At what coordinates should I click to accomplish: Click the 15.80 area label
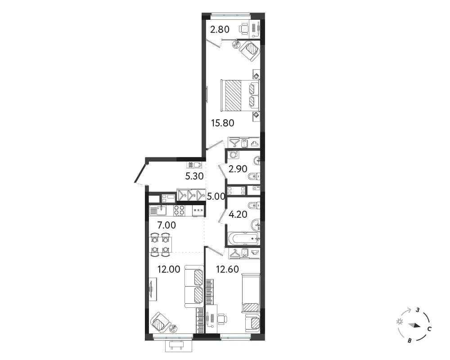tap(222, 123)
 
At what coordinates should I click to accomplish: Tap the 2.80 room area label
tap(220, 29)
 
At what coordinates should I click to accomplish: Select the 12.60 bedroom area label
tap(227, 269)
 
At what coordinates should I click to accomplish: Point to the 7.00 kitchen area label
tap(166, 225)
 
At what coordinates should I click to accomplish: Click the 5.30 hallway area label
tap(194, 176)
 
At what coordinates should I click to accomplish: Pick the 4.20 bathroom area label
tap(238, 214)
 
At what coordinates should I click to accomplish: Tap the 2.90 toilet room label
tap(238, 169)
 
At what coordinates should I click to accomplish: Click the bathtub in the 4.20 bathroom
tap(243, 238)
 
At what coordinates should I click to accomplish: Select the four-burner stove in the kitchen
tap(180, 211)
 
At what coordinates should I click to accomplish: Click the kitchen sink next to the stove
tap(158, 211)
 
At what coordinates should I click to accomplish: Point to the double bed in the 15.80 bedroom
tap(240, 95)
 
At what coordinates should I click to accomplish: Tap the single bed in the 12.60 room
tap(251, 292)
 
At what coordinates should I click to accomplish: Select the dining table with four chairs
tap(160, 245)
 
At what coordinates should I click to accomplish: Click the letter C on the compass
tap(429, 329)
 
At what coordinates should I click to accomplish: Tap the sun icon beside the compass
tap(400, 322)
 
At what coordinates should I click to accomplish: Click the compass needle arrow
tap(414, 325)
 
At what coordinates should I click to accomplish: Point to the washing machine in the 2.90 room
tap(233, 154)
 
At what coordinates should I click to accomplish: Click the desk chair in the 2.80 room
tap(244, 29)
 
